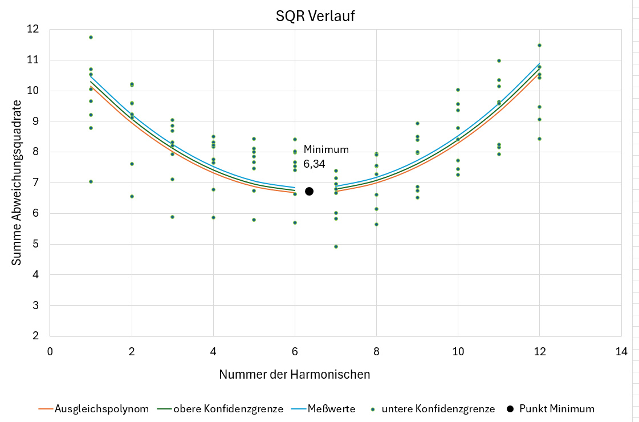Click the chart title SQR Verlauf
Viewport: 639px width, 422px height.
point(315,17)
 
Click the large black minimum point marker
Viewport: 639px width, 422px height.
point(309,191)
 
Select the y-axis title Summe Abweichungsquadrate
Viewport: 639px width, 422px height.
point(17,182)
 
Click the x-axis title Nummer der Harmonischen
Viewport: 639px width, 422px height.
point(294,375)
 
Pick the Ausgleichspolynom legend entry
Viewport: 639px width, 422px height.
point(93,409)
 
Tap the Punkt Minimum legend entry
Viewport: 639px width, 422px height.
point(550,409)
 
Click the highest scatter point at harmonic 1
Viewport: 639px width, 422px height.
point(91,37)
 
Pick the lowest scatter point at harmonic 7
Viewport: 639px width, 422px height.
point(336,246)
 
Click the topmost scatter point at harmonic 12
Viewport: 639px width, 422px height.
point(539,45)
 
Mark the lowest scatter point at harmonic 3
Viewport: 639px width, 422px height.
point(172,217)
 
